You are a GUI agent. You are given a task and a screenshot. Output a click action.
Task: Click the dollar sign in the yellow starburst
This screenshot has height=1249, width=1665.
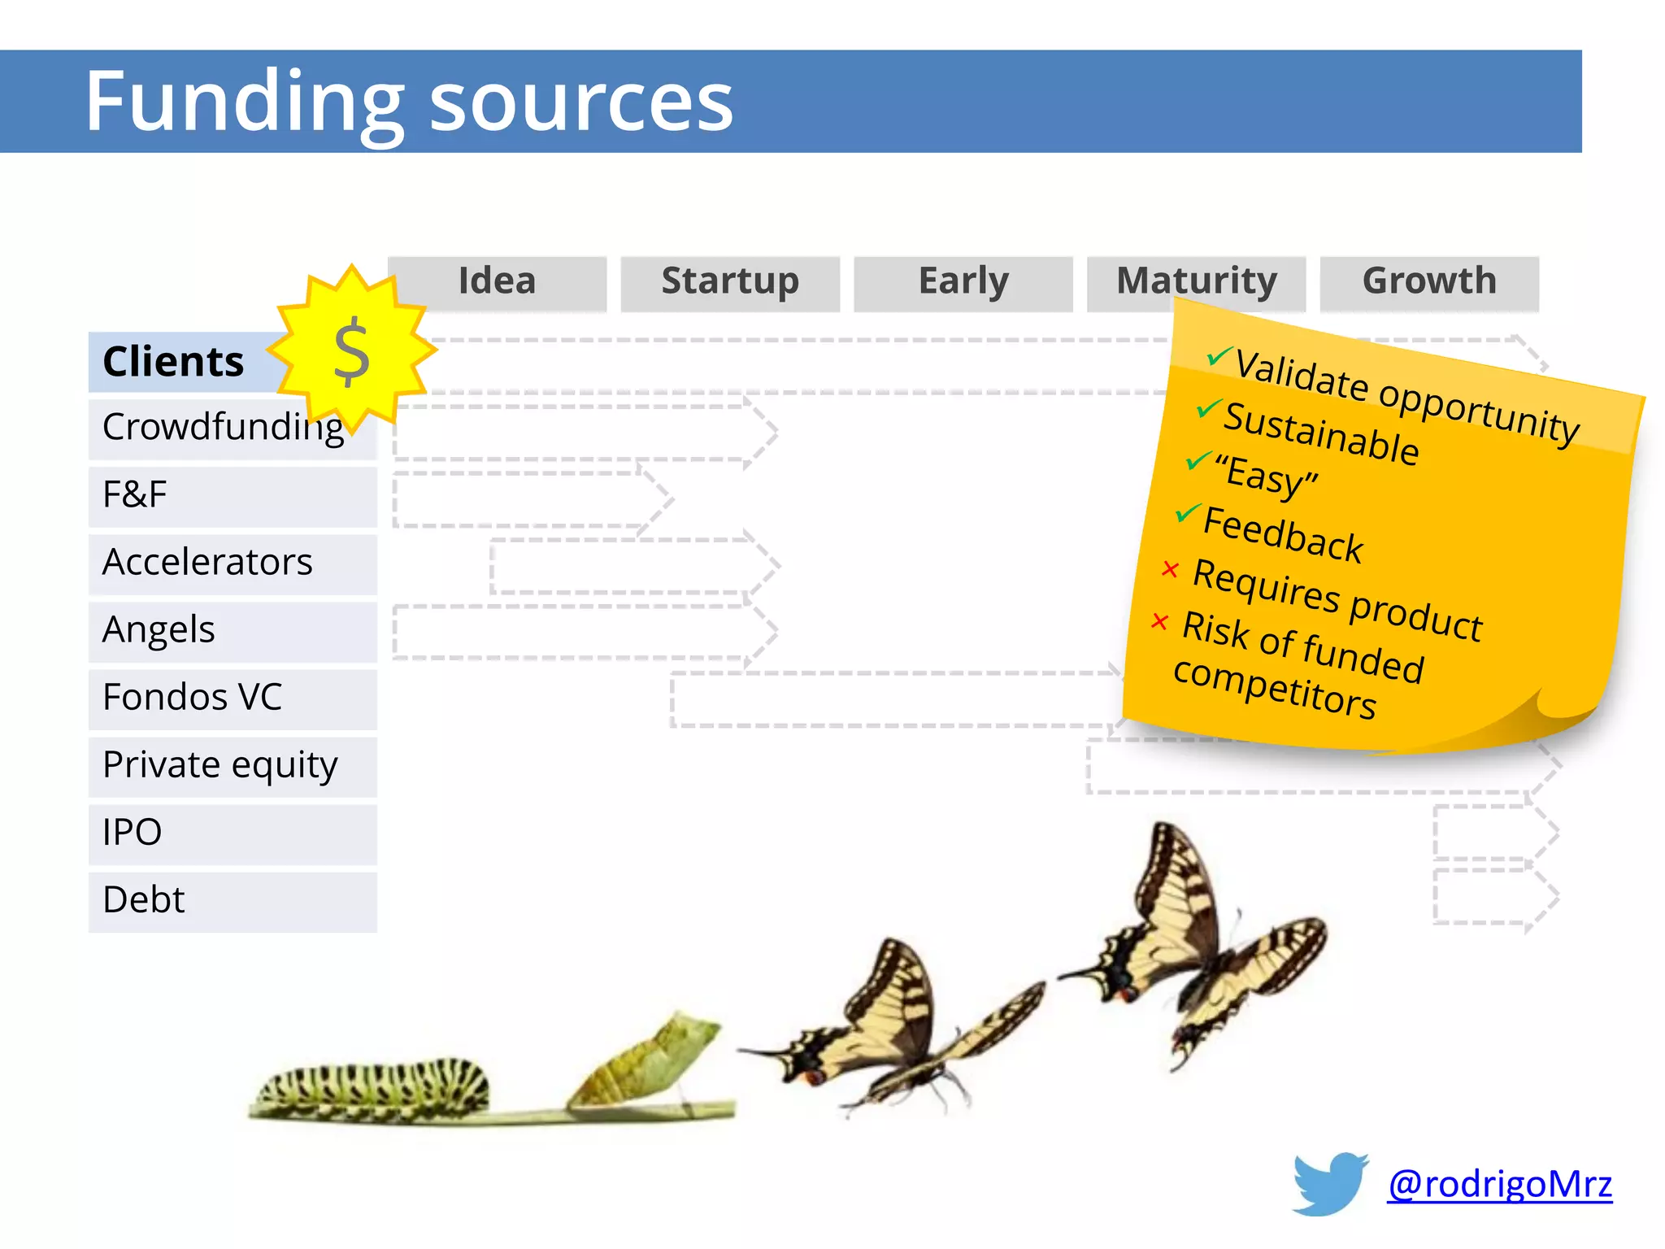coord(352,352)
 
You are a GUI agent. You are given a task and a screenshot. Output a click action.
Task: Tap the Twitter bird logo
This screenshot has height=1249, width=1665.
coord(1330,1183)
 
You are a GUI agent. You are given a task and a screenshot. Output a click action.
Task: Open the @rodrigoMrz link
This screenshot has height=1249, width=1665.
coord(1499,1184)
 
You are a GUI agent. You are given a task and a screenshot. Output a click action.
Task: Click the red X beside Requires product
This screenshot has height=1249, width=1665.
coord(1170,568)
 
